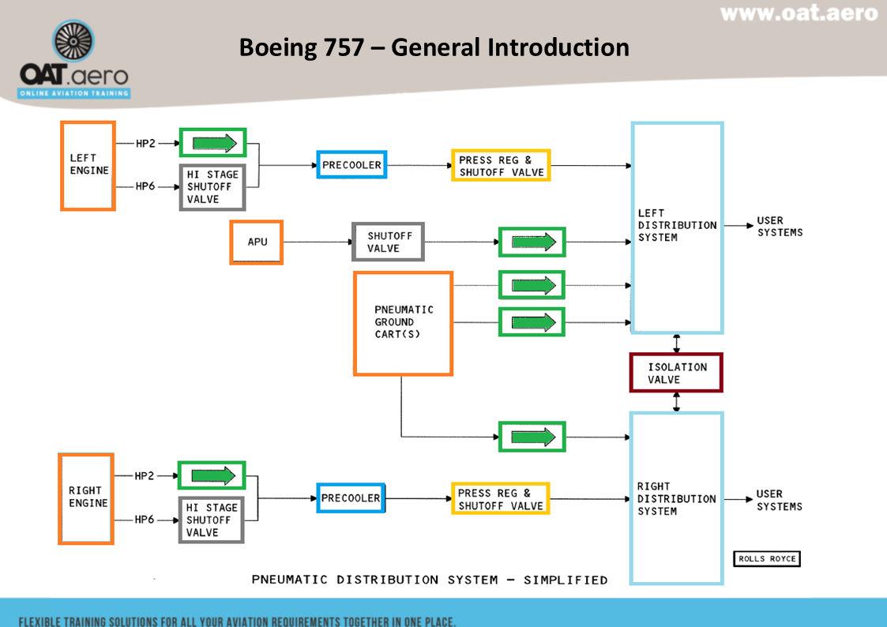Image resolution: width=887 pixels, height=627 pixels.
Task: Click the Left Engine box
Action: tap(88, 166)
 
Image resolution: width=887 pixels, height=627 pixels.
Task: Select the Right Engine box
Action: tap(86, 498)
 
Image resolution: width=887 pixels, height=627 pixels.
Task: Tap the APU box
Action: tap(257, 242)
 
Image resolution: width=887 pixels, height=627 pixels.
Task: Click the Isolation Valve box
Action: tap(676, 373)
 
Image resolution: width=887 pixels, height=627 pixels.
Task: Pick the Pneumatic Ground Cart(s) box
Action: tap(403, 323)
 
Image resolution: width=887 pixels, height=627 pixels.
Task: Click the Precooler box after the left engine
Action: tap(351, 165)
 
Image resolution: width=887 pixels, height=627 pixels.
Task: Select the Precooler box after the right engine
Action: tap(351, 497)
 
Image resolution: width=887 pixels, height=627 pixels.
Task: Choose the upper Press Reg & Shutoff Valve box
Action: tap(501, 166)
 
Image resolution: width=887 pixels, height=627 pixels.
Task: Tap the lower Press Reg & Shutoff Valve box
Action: tap(500, 498)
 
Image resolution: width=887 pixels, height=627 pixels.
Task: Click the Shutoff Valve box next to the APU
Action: tap(388, 242)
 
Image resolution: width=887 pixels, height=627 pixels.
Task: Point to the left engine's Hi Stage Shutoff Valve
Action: tap(212, 187)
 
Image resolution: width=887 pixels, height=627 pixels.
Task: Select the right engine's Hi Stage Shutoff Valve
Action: tap(212, 520)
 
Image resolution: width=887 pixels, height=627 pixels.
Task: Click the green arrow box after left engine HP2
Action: tap(213, 142)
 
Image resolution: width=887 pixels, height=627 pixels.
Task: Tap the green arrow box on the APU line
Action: tap(532, 242)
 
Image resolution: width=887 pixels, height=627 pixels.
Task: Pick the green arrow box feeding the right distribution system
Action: tap(532, 437)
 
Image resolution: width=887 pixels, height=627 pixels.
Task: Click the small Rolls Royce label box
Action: tap(767, 559)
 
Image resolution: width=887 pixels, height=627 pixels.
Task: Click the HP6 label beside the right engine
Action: tap(145, 520)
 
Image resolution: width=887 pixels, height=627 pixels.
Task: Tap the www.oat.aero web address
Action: tap(799, 13)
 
